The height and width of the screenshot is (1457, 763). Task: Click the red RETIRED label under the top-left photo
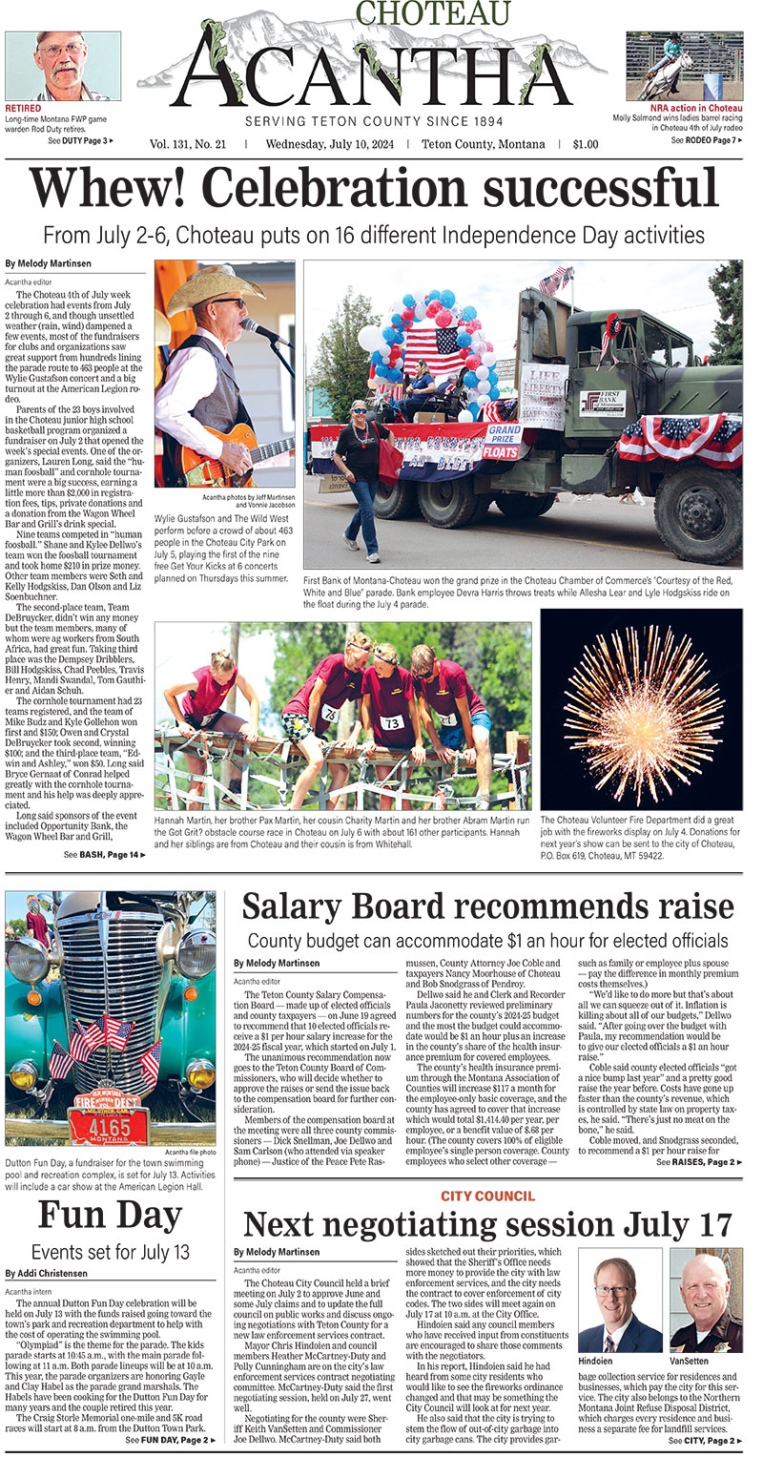(x=23, y=109)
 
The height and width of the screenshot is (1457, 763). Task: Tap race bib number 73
(x=392, y=723)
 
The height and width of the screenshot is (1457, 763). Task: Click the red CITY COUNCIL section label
(x=487, y=1196)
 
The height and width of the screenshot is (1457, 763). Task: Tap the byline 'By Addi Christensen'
(x=48, y=1273)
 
